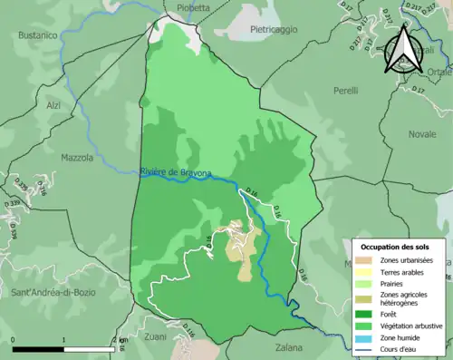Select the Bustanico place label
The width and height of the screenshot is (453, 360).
(37, 34)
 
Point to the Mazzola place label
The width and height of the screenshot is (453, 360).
(76, 158)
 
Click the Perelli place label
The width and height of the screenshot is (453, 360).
(345, 92)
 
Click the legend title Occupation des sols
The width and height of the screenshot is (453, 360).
(395, 247)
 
